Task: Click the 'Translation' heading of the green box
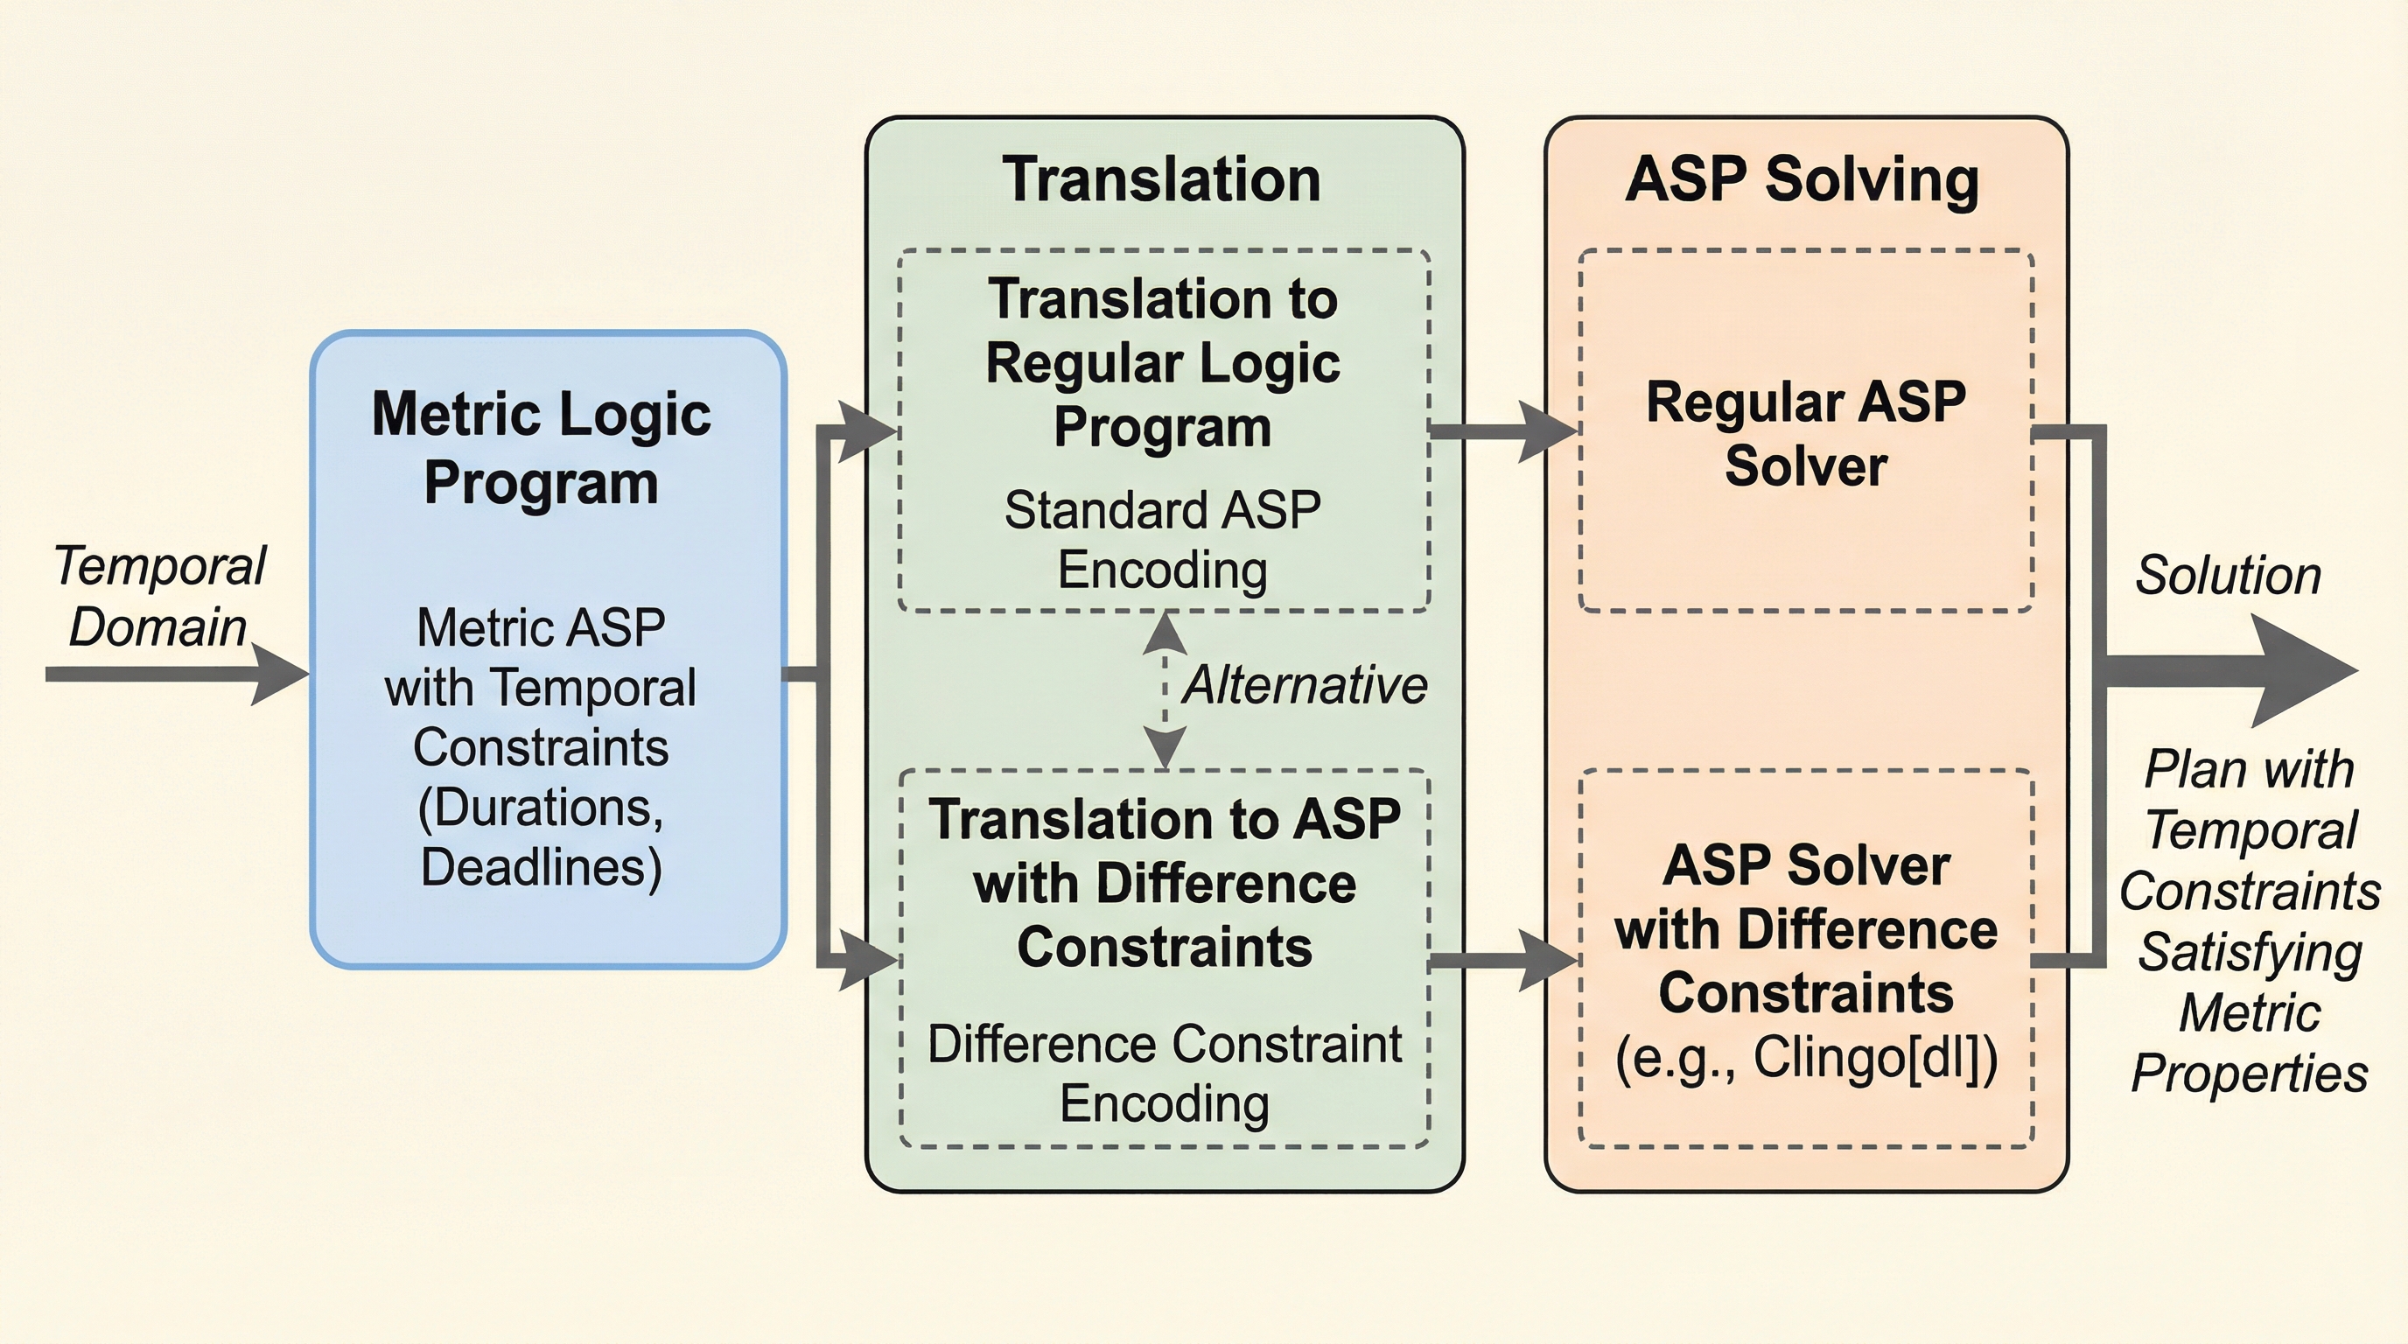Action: pos(1162,179)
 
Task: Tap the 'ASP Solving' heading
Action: pos(1802,179)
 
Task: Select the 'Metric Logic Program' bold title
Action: pos(542,448)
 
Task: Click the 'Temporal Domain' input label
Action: pos(159,596)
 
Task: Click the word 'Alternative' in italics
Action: pos(1305,685)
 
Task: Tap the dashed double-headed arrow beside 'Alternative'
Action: pos(1165,689)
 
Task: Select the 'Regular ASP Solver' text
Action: pos(1806,434)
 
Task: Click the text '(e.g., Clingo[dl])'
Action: pos(1806,1059)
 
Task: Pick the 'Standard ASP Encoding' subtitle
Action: pos(1163,540)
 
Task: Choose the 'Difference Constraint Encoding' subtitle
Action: pos(1165,1073)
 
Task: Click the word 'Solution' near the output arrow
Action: pos(2228,576)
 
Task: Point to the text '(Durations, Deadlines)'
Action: pos(542,837)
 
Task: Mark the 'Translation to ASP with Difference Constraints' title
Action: pos(1165,883)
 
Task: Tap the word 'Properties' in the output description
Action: pos(2249,1073)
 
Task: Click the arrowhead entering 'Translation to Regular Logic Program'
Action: pos(867,430)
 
